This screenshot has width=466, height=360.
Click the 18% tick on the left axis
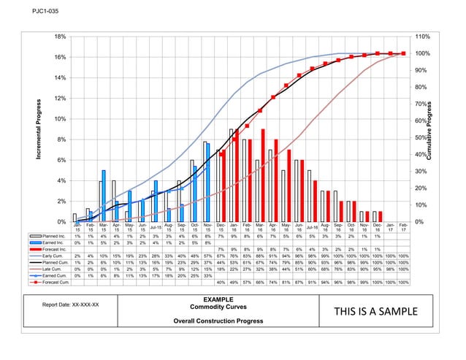click(63, 36)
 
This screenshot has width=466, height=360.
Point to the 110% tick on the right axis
click(422, 36)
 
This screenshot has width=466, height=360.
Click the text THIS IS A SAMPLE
click(376, 313)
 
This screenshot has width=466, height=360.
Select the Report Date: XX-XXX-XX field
click(72, 305)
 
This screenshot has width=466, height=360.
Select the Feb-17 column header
click(404, 228)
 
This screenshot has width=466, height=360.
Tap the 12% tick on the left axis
click(63, 98)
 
